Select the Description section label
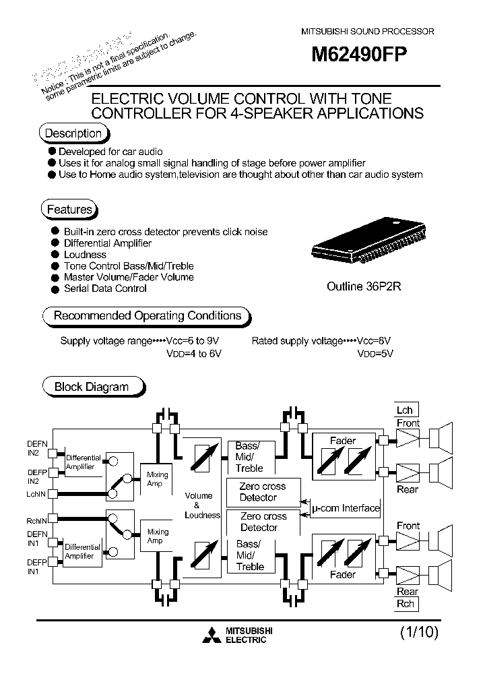73,133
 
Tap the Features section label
69,210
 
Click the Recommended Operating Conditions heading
147,315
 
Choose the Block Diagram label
91,387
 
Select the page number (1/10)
419,633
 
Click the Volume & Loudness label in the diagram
201,505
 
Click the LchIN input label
35,494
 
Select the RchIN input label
35,520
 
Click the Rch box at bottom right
406,604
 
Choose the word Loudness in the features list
85,255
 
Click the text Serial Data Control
105,288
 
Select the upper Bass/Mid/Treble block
249,457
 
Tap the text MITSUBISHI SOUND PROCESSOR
366,32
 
